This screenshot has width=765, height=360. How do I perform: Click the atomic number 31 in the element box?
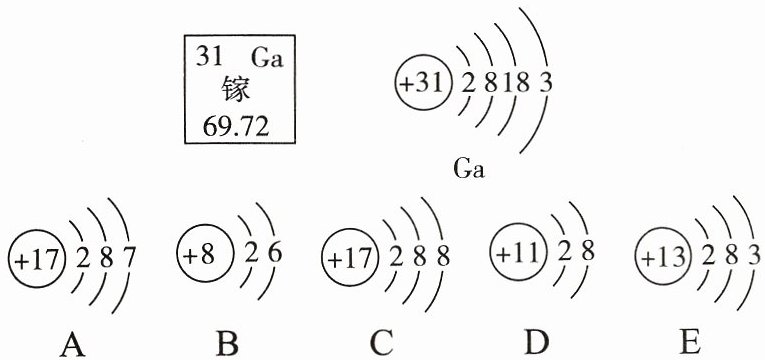pos(209,58)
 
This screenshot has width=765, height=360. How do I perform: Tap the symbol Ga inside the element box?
pos(267,58)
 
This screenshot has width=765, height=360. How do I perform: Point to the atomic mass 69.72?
pos(236,128)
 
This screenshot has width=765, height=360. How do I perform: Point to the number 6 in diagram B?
pos(275,254)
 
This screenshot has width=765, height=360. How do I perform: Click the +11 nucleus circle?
pos(518,252)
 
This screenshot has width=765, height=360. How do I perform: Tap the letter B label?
pos(227,343)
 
